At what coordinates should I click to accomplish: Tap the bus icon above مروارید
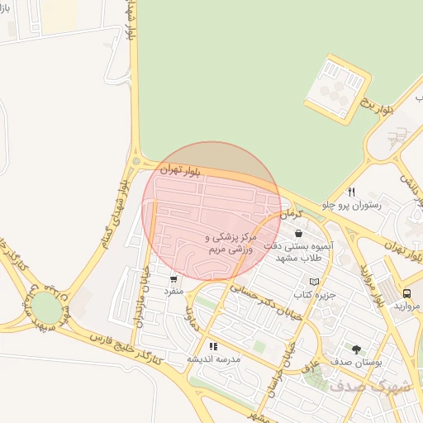pos(406,292)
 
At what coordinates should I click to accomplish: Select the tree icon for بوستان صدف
pos(356,349)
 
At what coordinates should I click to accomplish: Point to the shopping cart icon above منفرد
pos(173,278)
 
